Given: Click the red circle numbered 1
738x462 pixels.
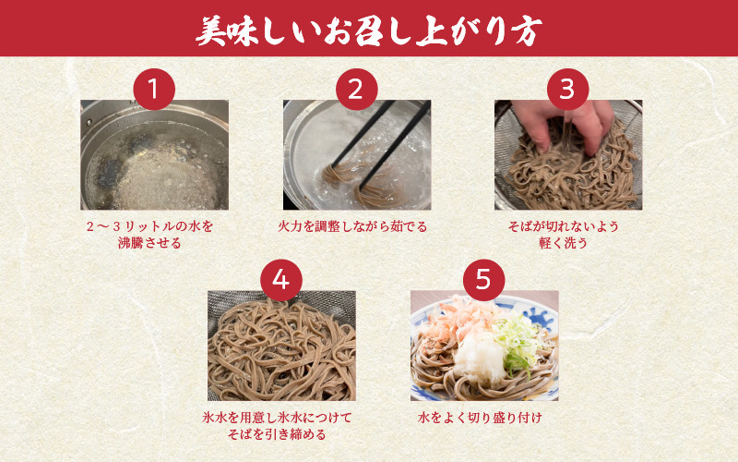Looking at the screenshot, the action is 154,89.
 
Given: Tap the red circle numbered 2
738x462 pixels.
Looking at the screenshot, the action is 356,89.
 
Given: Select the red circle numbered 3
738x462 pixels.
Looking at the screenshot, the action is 567,89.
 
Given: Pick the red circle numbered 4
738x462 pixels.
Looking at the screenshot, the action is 281,280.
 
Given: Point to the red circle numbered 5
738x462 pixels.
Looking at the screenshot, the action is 483,280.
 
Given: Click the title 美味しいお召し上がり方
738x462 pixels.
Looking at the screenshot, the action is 368,31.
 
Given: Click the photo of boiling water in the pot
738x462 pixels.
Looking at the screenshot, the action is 154,154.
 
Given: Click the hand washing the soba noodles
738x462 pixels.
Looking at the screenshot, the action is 563,124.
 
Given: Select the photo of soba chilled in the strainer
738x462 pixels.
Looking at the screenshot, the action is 281,346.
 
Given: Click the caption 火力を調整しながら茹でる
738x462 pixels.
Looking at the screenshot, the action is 352,226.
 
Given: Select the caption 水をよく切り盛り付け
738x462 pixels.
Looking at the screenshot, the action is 480,418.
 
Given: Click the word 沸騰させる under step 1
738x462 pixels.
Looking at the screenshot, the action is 149,243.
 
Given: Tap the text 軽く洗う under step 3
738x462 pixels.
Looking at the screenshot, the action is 564,243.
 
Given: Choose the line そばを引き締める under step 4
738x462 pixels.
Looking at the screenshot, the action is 277,434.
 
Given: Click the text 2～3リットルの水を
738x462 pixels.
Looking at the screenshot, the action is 149,226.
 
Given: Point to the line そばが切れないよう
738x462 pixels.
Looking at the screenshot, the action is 564,226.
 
